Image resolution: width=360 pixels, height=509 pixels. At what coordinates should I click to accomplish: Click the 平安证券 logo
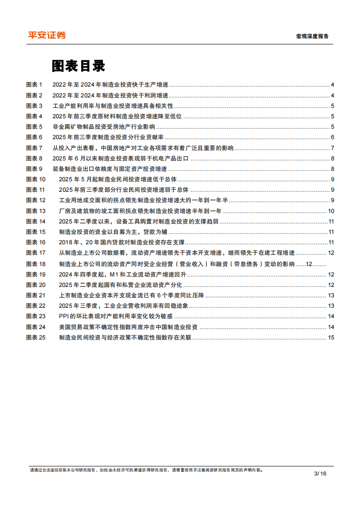tap(47, 35)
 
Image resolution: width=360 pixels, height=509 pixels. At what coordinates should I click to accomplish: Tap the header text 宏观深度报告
tap(312, 36)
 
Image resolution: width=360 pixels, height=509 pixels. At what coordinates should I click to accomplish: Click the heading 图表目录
tap(78, 66)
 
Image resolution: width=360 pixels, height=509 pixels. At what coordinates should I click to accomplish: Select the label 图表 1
tap(34, 85)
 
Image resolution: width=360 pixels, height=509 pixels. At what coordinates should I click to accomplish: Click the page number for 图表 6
tap(332, 137)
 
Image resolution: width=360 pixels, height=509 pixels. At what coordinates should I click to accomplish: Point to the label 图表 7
tap(34, 148)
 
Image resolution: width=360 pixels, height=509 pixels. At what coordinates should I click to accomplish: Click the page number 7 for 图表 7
tap(332, 148)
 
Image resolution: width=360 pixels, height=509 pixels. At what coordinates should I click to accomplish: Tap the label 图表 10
tap(36, 179)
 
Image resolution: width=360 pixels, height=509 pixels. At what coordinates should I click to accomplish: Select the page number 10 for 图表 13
tap(331, 211)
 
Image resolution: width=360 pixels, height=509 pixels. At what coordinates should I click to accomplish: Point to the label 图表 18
tap(36, 264)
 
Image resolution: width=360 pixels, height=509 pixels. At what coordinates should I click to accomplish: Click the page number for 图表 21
tap(331, 295)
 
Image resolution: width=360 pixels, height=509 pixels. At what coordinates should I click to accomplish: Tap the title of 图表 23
tap(116, 316)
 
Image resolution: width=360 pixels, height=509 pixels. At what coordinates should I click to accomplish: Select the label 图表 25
tap(36, 337)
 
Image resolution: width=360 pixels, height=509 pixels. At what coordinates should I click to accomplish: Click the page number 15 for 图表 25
tap(331, 337)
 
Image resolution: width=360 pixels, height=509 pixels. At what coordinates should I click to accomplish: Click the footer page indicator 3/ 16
tap(320, 474)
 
